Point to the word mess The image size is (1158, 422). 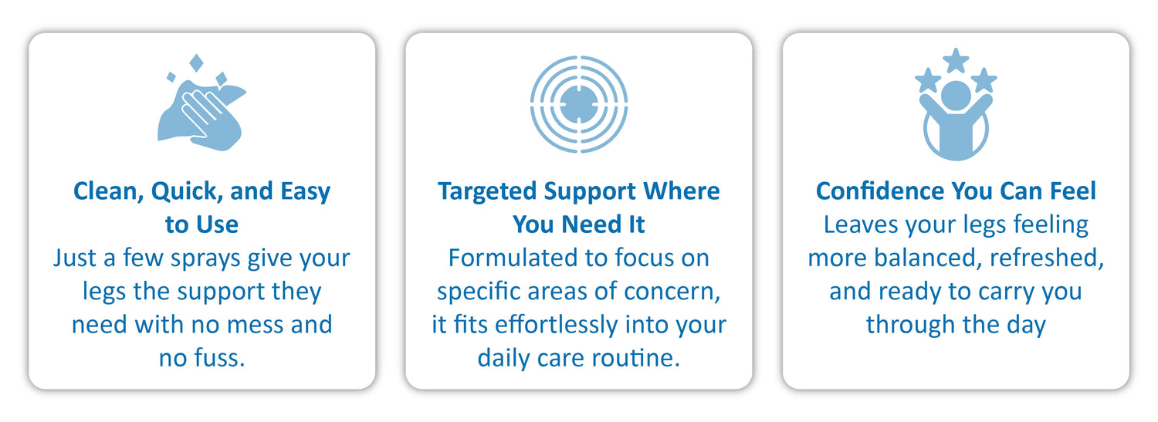click(x=256, y=325)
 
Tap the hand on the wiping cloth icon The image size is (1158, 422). click(x=206, y=111)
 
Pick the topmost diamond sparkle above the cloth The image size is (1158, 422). click(x=196, y=63)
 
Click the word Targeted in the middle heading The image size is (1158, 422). click(x=487, y=192)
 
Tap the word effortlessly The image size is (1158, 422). click(x=556, y=325)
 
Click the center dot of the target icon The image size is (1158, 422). click(x=579, y=104)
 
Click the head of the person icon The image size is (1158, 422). click(x=956, y=96)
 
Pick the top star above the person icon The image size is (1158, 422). click(x=956, y=60)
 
